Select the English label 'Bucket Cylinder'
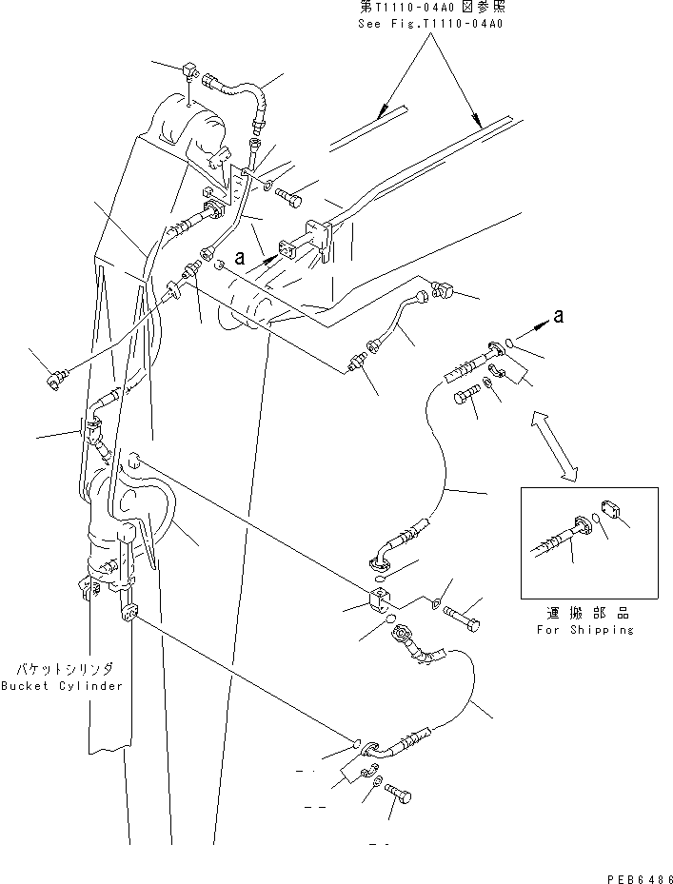(x=62, y=686)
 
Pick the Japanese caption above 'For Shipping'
(x=588, y=615)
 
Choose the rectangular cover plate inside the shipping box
(x=612, y=512)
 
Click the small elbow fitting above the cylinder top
(x=188, y=69)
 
